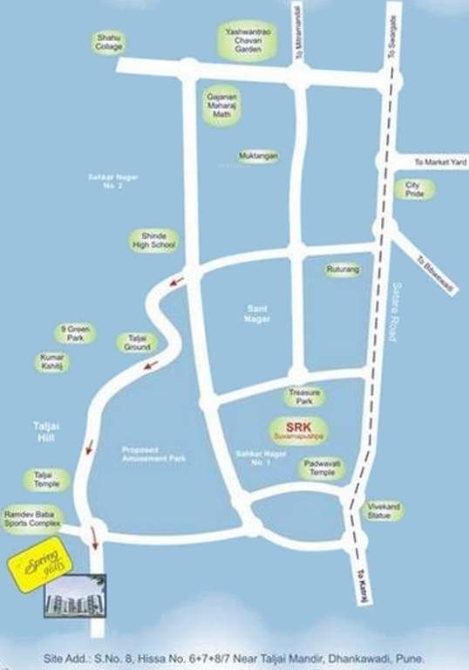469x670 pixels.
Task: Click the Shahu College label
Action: pos(109,42)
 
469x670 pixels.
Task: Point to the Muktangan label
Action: pos(259,157)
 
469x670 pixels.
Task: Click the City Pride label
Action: pos(413,189)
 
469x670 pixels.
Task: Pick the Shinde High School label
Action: pos(153,240)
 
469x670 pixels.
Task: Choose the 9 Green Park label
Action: pos(76,332)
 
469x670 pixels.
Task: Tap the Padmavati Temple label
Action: pos(321,468)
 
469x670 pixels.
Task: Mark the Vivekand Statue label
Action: pos(382,510)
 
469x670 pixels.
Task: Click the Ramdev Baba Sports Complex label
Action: pos(32,518)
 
